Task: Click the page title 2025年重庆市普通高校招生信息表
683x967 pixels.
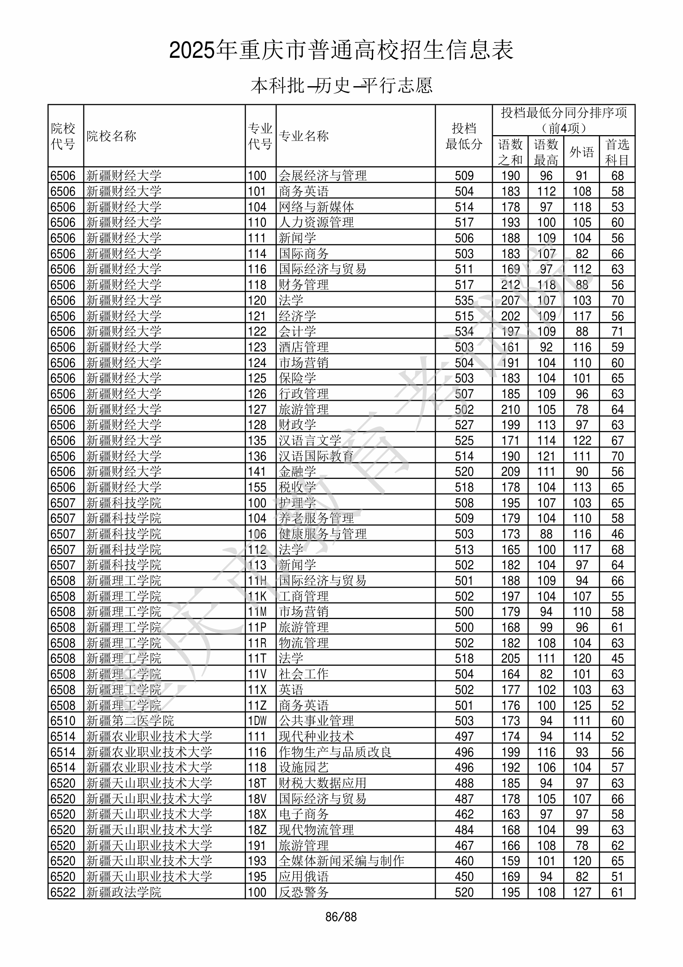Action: click(341, 51)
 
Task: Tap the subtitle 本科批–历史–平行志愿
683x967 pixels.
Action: click(341, 85)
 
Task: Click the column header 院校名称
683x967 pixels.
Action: click(111, 136)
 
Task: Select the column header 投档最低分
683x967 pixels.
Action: click(464, 136)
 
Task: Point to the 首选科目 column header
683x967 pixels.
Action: click(617, 152)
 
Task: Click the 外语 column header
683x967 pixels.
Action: click(582, 152)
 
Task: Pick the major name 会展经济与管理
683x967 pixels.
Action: click(323, 176)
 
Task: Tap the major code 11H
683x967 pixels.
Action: click(257, 581)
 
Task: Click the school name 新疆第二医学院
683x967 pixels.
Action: click(130, 720)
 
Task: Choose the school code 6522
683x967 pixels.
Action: click(63, 892)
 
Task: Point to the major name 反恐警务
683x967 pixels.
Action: click(303, 892)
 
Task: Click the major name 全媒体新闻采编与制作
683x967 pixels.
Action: click(341, 861)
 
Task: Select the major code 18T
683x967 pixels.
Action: click(257, 783)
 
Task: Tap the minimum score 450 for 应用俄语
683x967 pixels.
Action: click(464, 876)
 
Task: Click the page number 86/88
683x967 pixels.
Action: click(341, 917)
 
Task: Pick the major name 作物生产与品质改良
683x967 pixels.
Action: click(335, 752)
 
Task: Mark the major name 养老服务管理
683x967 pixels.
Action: click(316, 518)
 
